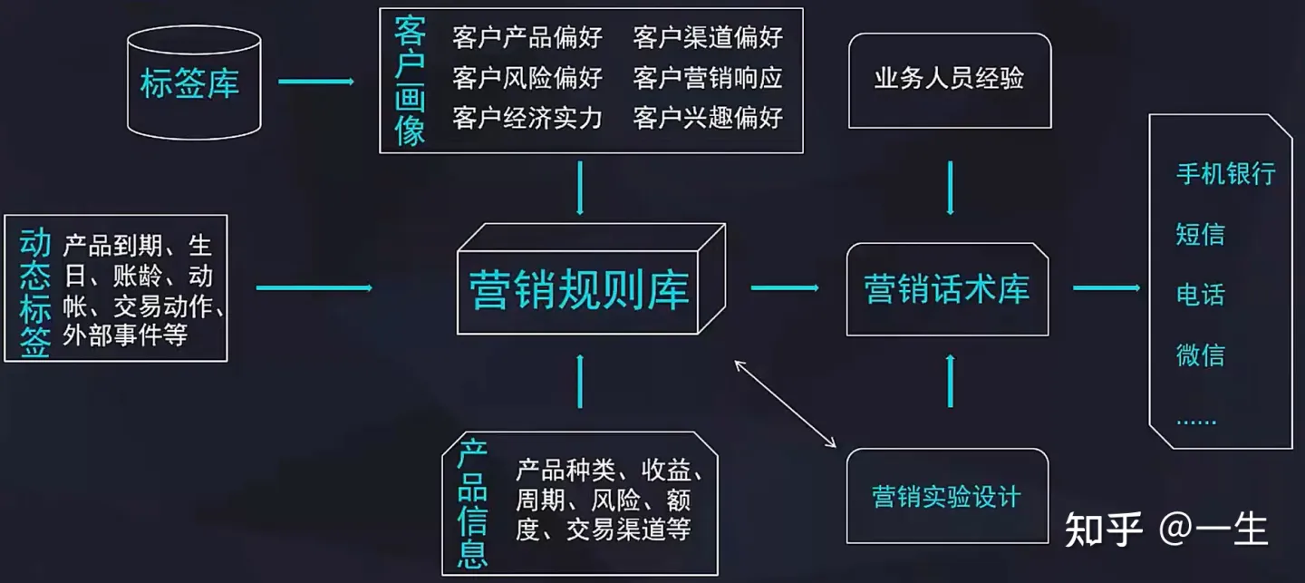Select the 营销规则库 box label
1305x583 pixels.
[579, 289]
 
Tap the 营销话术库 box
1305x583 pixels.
[947, 289]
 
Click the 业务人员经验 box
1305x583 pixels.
[949, 79]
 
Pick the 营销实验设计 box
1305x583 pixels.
[946, 497]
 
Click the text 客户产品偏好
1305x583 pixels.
[527, 38]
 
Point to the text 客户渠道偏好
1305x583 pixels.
[708, 38]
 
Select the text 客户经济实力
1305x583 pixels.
[527, 118]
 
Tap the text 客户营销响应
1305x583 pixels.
[708, 78]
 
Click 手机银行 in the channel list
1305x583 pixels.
[1225, 174]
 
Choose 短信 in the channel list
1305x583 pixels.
[1200, 235]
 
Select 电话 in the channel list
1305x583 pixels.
[1200, 295]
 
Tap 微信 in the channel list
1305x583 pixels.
[1200, 355]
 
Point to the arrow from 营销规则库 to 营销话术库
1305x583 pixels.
[784, 288]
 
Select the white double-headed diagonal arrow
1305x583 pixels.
[786, 403]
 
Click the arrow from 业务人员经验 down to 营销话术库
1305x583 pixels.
[950, 188]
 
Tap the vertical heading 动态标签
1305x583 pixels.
[34, 292]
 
